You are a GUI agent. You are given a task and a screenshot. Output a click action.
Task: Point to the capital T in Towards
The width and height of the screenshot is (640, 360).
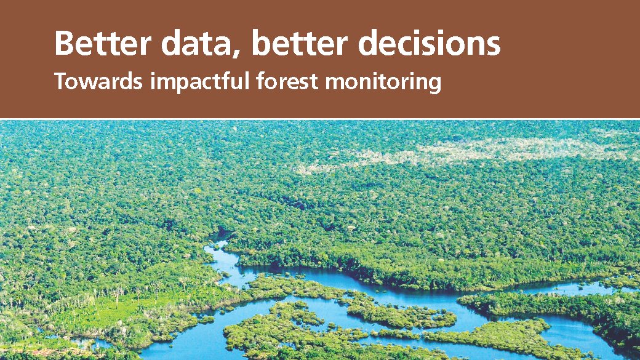[60, 81]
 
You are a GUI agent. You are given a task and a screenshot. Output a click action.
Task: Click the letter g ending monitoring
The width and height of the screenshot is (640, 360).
[434, 85]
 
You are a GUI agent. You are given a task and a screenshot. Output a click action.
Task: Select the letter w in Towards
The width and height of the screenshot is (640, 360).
[86, 82]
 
